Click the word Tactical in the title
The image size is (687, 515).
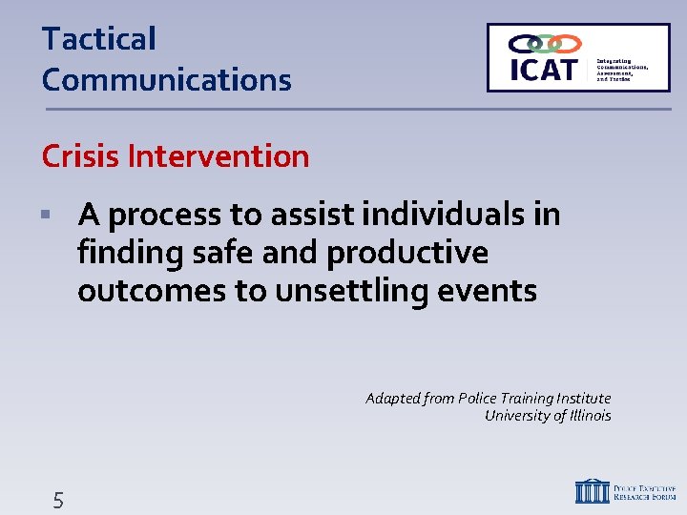point(98,40)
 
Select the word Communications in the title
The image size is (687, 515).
point(166,80)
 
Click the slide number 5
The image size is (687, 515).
point(58,500)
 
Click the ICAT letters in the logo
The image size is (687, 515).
point(545,71)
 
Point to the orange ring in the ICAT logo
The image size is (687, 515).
point(567,44)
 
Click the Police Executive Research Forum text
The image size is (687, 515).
point(645,491)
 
